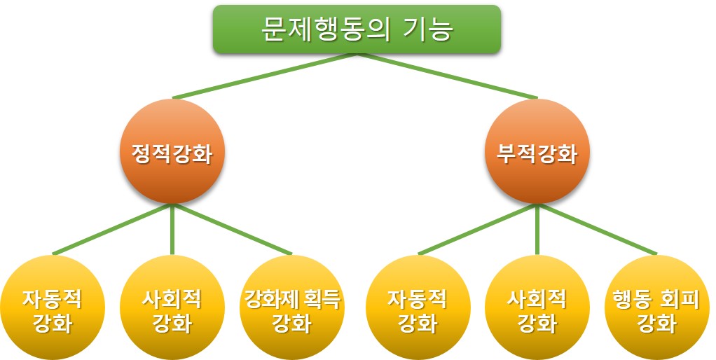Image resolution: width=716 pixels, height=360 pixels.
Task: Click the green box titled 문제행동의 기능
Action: [357, 29]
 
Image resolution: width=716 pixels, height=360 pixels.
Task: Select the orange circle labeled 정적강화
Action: [172, 152]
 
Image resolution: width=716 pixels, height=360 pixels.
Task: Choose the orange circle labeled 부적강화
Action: [537, 152]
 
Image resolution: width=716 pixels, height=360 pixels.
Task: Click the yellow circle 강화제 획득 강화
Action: [291, 308]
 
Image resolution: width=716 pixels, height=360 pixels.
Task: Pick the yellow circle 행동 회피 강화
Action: [656, 308]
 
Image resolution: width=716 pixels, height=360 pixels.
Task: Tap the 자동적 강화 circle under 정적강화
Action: [52, 308]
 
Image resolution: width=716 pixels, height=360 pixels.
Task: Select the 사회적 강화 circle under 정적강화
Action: [172, 308]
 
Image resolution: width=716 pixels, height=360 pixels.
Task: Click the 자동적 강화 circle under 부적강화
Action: [418, 308]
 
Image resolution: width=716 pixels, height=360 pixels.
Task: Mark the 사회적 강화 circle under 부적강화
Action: [537, 308]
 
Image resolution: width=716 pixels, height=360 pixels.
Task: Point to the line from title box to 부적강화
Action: [448, 76]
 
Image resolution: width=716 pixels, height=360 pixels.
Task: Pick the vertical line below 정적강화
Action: [172, 231]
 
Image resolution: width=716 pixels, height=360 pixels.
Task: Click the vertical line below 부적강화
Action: [537, 231]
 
